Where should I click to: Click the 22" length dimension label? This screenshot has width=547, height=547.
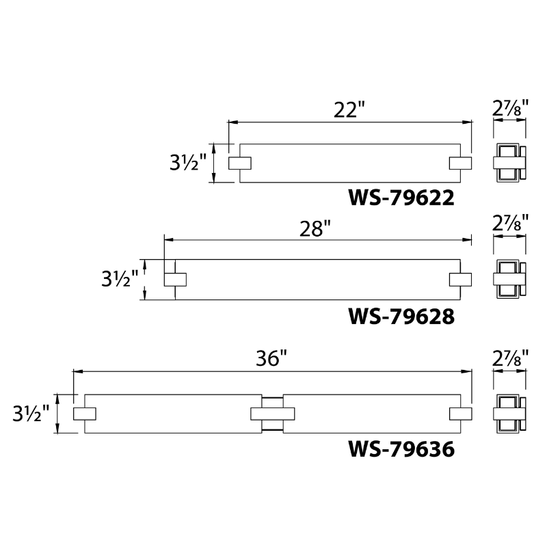point(351,110)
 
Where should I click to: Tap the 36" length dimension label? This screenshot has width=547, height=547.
point(271,359)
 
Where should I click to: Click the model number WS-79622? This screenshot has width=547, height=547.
point(401,198)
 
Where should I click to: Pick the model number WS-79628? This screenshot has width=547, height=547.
point(401,317)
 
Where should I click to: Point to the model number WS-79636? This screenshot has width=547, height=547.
point(401,449)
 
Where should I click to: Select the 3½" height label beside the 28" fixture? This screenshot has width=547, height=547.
point(120,280)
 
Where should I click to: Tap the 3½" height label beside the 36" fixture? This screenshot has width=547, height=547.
point(31,414)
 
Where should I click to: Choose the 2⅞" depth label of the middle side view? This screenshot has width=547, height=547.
point(510,223)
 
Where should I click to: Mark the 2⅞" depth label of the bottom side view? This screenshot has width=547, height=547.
point(510,358)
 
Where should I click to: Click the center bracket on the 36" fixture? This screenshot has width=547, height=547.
point(273,414)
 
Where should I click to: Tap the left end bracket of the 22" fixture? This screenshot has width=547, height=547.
point(239,163)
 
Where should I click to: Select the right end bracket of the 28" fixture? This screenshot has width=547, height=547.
point(460,280)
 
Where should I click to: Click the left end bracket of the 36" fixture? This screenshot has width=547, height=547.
point(84,414)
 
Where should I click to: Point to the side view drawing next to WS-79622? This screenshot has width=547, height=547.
point(510,163)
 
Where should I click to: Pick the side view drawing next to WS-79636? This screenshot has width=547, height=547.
point(510,414)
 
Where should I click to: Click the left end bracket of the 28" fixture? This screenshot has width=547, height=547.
point(175,280)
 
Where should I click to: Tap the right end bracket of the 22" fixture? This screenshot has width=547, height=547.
point(460,163)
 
